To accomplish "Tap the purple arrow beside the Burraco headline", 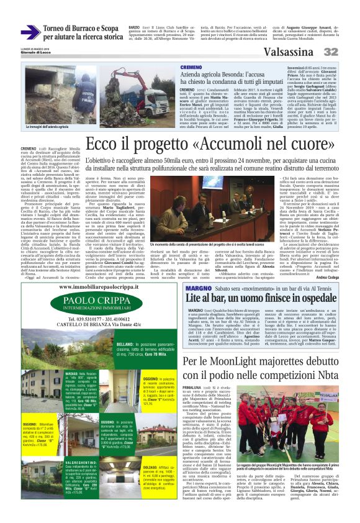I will [x=30, y=32].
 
